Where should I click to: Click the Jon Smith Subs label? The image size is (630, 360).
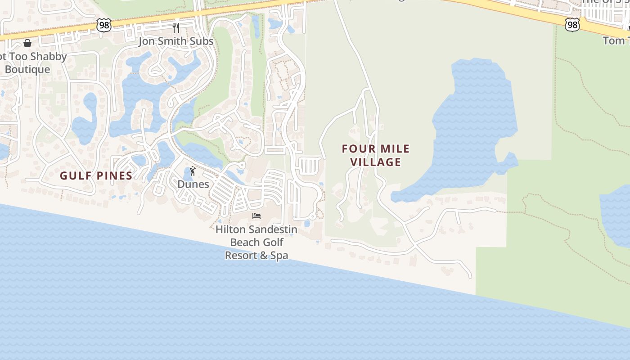176,41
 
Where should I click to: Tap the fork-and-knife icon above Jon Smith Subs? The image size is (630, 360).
176,28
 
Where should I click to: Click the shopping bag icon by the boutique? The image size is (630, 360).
27,43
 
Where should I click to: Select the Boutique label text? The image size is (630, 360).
27,69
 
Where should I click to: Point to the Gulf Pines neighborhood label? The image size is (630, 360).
96,175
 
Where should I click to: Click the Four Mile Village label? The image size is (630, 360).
376,155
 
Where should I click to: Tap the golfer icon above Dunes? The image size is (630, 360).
193,171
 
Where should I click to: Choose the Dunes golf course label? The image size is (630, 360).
193,184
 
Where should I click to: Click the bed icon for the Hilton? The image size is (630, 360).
256,216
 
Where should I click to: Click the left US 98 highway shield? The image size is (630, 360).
104,25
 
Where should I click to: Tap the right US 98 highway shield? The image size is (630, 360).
572,24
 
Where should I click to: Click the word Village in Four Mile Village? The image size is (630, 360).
376,162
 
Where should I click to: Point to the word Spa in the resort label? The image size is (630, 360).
279,255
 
